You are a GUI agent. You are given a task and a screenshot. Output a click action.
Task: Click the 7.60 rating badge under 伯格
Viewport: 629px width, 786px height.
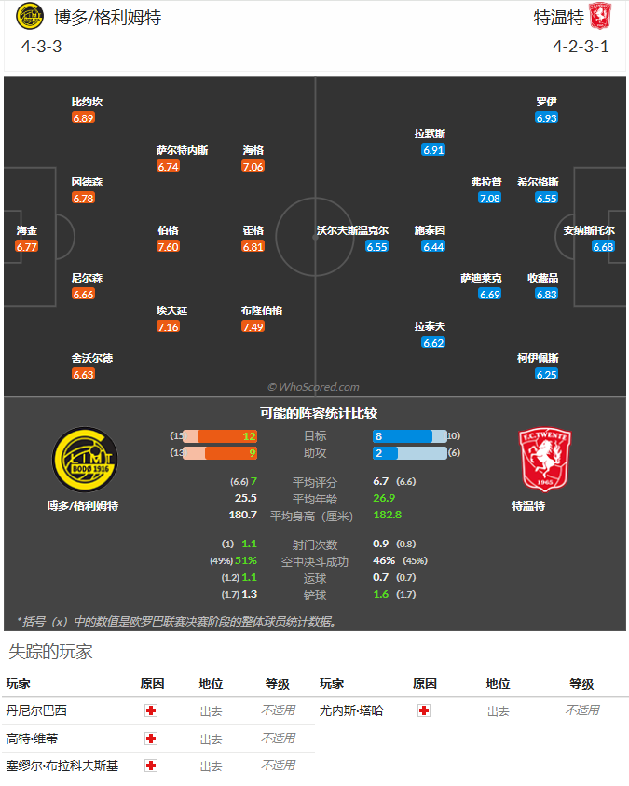168,247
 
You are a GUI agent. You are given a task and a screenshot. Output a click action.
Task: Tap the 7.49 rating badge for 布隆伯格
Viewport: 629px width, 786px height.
253,327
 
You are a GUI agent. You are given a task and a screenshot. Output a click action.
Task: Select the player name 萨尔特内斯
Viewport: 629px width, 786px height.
182,150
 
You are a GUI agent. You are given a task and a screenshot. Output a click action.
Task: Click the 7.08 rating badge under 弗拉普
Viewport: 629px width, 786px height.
489,199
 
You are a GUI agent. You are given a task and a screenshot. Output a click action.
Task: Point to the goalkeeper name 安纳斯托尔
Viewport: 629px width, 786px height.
589,230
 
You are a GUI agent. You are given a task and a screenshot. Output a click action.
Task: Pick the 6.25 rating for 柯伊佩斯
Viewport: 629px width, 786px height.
546,375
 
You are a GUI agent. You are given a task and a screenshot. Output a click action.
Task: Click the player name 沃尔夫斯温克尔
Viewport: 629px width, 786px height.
352,230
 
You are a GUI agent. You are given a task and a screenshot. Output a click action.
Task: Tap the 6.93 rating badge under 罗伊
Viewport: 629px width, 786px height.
546,118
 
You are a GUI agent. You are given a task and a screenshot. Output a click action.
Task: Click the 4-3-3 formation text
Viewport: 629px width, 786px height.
41,46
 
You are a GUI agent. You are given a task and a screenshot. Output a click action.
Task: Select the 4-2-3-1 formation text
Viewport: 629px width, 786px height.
581,46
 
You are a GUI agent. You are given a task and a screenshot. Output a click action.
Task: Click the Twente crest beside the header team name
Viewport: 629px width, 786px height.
599,17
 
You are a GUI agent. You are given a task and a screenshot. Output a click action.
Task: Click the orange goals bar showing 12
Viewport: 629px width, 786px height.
228,436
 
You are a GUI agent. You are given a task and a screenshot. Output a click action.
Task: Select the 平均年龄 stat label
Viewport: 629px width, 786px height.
315,499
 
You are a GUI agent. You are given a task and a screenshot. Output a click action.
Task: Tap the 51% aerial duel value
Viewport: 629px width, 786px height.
245,561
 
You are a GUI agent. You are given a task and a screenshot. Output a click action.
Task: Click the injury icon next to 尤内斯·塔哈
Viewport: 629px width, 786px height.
424,710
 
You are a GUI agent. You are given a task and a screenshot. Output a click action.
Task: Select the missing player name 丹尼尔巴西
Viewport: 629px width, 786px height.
36,710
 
